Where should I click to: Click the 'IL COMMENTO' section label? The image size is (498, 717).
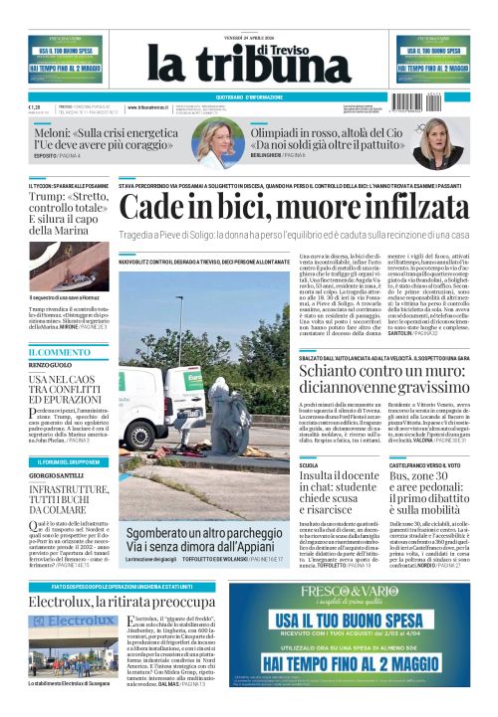58,351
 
